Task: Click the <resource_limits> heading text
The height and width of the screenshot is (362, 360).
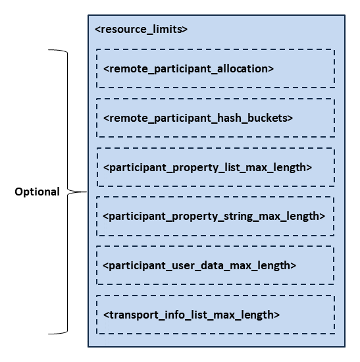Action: (x=141, y=30)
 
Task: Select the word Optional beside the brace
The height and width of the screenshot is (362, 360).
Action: (x=38, y=192)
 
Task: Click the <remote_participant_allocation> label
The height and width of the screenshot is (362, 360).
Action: (x=188, y=68)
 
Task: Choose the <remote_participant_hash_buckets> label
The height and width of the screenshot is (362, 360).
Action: (x=197, y=118)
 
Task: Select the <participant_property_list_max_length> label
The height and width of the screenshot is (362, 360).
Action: (x=207, y=167)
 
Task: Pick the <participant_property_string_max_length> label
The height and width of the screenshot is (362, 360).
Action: (x=214, y=216)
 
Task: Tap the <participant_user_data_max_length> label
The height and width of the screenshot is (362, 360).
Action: (x=199, y=265)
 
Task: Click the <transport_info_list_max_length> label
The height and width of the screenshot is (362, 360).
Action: (x=192, y=315)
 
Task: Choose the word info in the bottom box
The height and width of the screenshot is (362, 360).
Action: (x=167, y=315)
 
